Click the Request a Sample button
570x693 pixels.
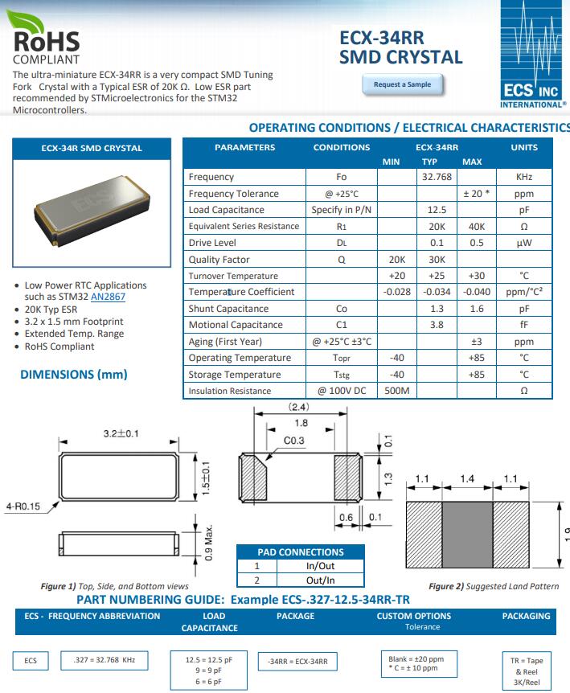(402, 84)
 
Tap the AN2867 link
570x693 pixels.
(108, 297)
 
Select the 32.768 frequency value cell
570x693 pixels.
(437, 177)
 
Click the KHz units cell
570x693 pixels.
(524, 177)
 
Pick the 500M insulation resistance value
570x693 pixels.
(396, 392)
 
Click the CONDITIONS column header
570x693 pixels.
(342, 147)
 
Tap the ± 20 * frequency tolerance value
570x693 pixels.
(477, 194)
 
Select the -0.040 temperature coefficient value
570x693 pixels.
(477, 292)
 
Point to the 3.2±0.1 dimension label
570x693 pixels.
(121, 434)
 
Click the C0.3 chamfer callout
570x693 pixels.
(294, 441)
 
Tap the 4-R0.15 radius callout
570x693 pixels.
(22, 506)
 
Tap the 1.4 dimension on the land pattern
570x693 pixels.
(467, 479)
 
